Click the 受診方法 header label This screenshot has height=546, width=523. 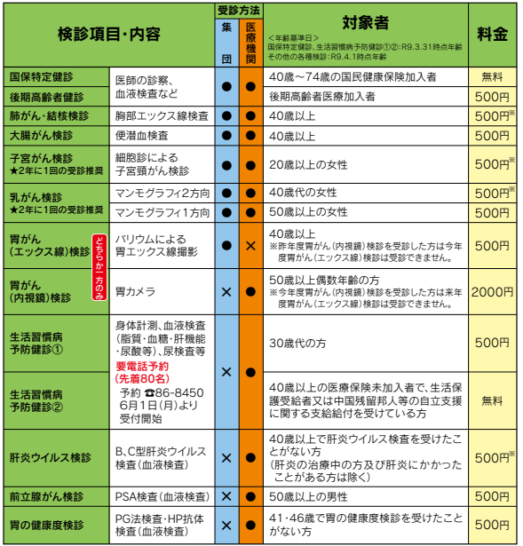pos(238,10)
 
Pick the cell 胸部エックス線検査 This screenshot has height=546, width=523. pos(162,116)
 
